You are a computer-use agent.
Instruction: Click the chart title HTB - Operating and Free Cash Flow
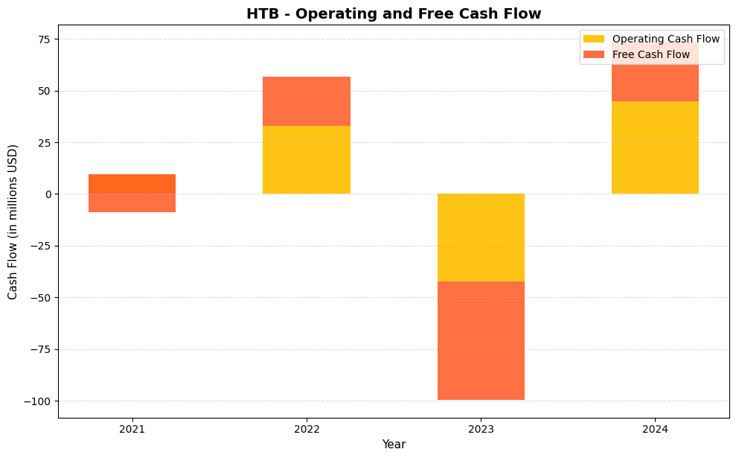pyautogui.click(x=394, y=13)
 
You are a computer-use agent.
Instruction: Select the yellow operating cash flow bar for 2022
pyautogui.click(x=306, y=159)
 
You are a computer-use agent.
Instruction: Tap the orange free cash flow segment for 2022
pyautogui.click(x=306, y=101)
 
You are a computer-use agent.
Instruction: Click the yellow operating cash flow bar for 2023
pyautogui.click(x=481, y=238)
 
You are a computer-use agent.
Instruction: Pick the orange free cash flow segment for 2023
pyautogui.click(x=481, y=340)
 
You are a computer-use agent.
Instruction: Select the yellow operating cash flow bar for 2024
pyautogui.click(x=655, y=147)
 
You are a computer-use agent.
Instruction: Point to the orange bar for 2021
pyautogui.click(x=132, y=193)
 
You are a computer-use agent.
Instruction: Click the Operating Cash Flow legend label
pyautogui.click(x=665, y=39)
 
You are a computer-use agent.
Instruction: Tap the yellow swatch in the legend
pyautogui.click(x=594, y=39)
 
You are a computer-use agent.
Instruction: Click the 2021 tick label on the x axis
pyautogui.click(x=132, y=429)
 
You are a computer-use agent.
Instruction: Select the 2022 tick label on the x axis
pyautogui.click(x=306, y=429)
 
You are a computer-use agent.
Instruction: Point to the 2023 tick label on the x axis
pyautogui.click(x=481, y=429)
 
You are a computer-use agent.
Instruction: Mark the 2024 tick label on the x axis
pyautogui.click(x=655, y=429)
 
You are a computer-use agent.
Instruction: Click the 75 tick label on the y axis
pyautogui.click(x=45, y=39)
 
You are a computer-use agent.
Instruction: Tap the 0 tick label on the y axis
pyautogui.click(x=49, y=194)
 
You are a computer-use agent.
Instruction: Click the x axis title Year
pyautogui.click(x=394, y=445)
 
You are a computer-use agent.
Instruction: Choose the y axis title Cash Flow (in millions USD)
pyautogui.click(x=13, y=221)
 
